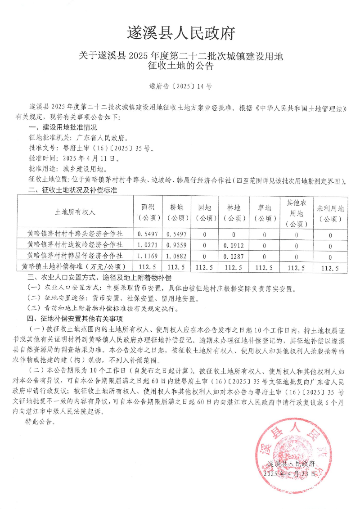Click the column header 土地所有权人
tap(75, 211)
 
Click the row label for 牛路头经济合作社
tap(75, 234)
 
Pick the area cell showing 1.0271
tap(148, 245)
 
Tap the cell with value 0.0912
tap(234, 245)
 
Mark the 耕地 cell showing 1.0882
tap(176, 256)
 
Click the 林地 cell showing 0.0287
tap(234, 256)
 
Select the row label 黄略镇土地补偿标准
tap(75, 267)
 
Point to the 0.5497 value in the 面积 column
tap(148, 234)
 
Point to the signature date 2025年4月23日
tap(290, 474)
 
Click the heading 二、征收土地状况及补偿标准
tap(72, 190)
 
